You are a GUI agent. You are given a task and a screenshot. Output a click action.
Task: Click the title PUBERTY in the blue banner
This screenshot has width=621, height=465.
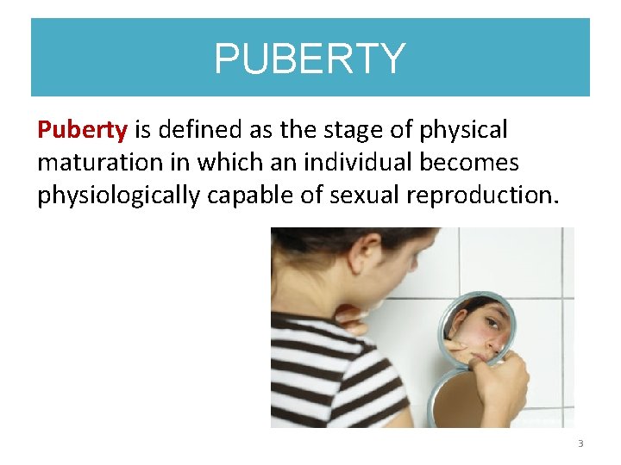click(310, 59)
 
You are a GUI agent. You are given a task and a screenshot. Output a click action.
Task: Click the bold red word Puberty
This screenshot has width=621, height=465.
click(82, 131)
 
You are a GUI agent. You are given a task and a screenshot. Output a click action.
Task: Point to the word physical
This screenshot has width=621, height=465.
click(465, 131)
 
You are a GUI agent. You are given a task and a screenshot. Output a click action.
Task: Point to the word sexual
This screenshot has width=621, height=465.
click(360, 195)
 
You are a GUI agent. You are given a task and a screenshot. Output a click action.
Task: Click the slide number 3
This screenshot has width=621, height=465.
click(580, 443)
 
